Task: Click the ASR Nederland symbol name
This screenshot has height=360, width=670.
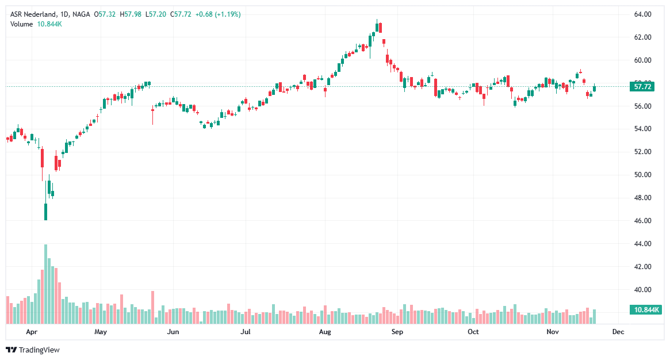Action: pos(33,14)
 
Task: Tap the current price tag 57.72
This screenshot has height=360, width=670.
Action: pos(642,87)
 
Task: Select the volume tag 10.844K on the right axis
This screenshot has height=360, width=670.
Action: pos(646,310)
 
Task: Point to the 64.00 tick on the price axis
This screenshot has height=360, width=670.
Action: pos(642,14)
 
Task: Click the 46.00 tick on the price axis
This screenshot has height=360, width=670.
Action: pos(642,221)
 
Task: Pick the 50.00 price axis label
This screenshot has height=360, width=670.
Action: pos(642,175)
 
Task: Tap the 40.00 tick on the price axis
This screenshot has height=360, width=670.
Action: pos(642,290)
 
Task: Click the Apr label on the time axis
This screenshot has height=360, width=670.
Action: pos(32,332)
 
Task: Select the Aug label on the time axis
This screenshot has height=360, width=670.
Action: pos(325,332)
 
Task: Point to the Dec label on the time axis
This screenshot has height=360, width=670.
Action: pos(618,332)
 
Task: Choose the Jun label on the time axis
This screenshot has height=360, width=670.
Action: pos(173,332)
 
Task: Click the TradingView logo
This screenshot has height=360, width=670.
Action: pos(33,350)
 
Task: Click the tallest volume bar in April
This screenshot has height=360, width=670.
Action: pos(45,285)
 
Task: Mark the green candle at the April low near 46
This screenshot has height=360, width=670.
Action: pos(45,212)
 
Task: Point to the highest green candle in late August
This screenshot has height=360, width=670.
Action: pos(377,27)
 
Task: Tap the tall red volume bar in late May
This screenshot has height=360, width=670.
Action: pos(152,308)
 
